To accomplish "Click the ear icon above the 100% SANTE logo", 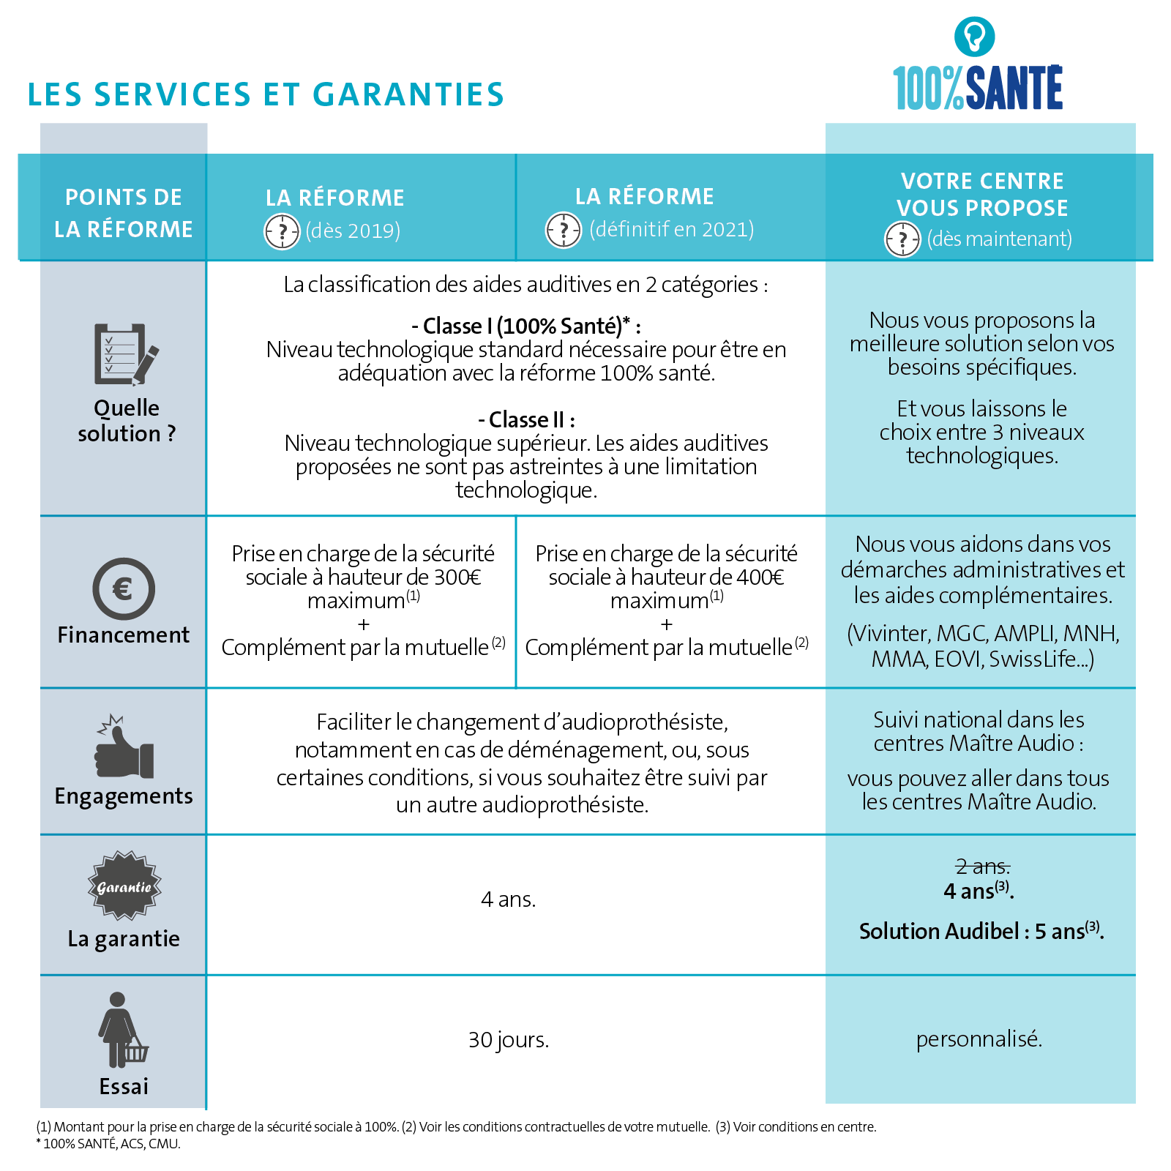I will [x=974, y=36].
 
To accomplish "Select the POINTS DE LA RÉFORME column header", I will [x=124, y=213].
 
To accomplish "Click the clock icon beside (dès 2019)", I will [x=282, y=232].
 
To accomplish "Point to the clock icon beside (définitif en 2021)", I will [x=564, y=231].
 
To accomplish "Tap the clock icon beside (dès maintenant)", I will [x=902, y=239].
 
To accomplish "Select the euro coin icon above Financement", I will [x=124, y=589].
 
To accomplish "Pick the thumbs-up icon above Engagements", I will [x=124, y=747].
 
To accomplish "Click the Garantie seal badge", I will [x=124, y=886].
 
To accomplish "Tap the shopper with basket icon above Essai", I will [x=121, y=1030].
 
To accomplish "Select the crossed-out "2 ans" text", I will [x=982, y=867].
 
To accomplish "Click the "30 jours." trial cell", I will [x=509, y=1040].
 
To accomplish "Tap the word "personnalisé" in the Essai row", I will [x=979, y=1039].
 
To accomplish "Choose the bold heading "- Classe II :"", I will [x=526, y=420].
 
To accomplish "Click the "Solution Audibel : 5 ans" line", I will [x=981, y=932].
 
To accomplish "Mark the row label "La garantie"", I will [x=124, y=939].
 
